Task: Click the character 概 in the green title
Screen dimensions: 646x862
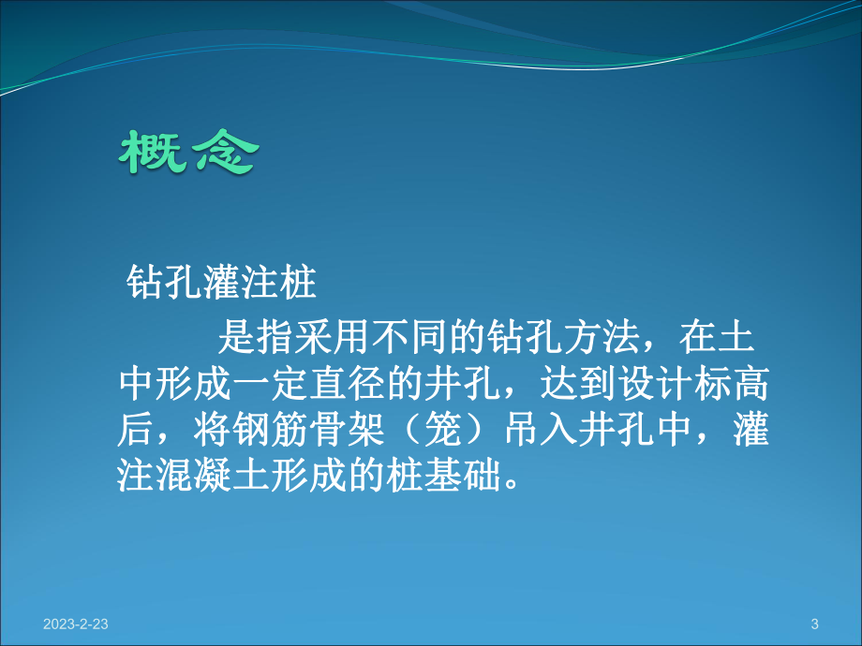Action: [150, 153]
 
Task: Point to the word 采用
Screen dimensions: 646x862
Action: [320, 335]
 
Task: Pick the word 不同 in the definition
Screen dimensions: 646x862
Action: [401, 335]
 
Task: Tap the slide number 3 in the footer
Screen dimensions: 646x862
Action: [813, 624]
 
